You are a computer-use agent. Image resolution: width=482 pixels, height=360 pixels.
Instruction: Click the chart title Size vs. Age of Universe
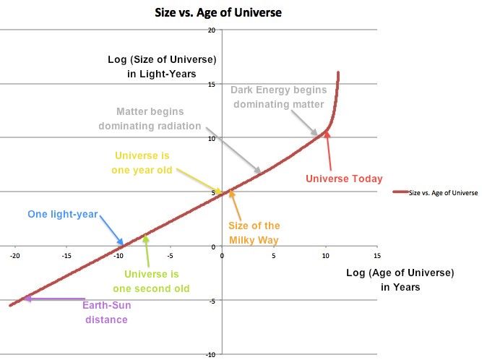tap(218, 12)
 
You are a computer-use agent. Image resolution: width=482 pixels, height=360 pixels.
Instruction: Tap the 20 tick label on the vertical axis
tap(212, 30)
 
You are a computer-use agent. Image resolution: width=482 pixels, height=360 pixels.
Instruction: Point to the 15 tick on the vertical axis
tap(212, 85)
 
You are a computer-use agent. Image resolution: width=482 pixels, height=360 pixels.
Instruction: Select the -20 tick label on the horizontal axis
tap(14, 255)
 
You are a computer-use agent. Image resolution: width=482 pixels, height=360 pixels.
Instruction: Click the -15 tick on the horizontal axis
tap(66, 255)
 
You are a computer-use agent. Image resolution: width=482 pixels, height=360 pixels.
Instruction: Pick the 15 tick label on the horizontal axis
tap(377, 255)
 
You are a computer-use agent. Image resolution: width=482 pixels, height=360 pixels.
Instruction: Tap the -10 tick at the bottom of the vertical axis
tap(210, 355)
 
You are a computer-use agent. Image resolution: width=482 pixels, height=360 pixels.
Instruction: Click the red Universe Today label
tap(344, 179)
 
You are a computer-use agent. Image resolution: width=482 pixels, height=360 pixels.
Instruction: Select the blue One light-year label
tap(63, 214)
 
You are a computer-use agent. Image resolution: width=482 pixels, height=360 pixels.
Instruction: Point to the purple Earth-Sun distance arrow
tap(55, 299)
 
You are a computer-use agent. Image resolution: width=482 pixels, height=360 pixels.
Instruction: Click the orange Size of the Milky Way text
tap(254, 233)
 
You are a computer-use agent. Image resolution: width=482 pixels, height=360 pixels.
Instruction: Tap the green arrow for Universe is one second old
tap(147, 251)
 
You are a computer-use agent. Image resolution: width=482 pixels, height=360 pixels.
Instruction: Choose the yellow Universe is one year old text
tap(142, 163)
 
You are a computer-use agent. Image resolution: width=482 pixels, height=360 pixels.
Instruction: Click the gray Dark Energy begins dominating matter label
tap(278, 97)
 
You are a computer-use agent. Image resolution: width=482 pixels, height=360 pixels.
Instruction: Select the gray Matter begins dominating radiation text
tap(150, 119)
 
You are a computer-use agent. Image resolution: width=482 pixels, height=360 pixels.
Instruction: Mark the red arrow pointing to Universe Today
tap(329, 150)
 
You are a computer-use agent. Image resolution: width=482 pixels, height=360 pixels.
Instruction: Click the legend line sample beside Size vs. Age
tap(400, 192)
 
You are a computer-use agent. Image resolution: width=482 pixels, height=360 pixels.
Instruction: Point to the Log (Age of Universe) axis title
tap(400, 280)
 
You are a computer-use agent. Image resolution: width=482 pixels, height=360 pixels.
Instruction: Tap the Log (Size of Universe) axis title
tap(162, 67)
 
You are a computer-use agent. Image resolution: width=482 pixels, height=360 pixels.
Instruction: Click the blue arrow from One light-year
tap(111, 231)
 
